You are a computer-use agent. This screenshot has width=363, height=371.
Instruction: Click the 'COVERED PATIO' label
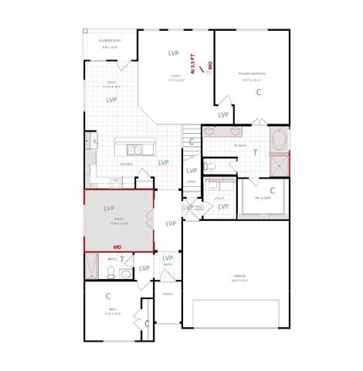tap(110, 40)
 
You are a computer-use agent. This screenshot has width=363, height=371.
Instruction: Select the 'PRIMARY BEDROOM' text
tap(253, 73)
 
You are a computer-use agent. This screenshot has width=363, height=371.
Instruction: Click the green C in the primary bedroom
tap(259, 91)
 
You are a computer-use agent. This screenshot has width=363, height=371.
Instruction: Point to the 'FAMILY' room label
tap(176, 76)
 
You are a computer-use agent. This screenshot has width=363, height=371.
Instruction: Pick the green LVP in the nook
tap(112, 100)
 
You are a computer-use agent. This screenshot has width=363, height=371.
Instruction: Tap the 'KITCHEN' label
tap(126, 164)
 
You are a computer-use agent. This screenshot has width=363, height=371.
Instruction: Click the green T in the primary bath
tap(256, 152)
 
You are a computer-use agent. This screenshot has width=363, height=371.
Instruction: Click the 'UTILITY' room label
tap(219, 199)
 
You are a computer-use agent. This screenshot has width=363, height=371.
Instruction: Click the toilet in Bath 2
tap(111, 272)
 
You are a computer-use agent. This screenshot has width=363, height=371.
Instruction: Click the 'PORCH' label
tap(168, 294)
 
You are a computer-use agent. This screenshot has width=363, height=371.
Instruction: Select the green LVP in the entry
tap(168, 257)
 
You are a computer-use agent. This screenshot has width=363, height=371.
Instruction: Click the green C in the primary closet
tap(272, 189)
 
